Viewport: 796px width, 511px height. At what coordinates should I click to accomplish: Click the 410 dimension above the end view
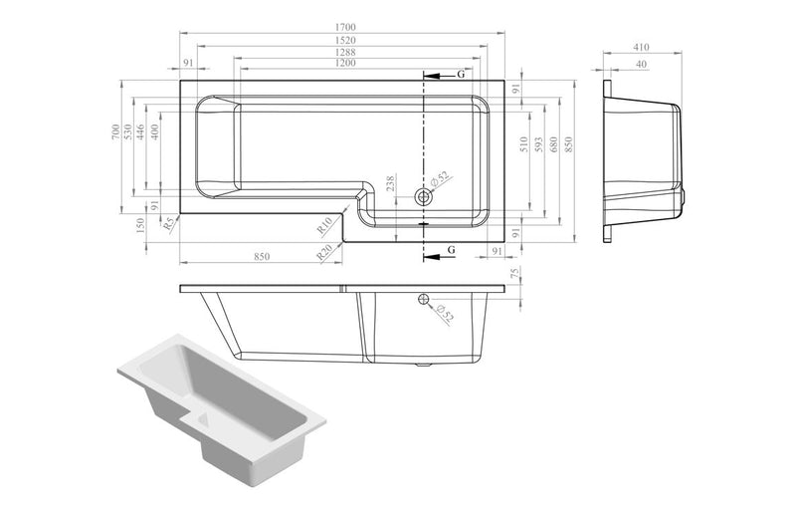click(640, 47)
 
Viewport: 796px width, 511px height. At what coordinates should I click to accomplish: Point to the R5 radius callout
click(170, 225)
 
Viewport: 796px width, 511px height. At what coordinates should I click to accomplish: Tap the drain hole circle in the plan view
click(425, 196)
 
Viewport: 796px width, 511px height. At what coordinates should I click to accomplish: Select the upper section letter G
click(461, 74)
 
